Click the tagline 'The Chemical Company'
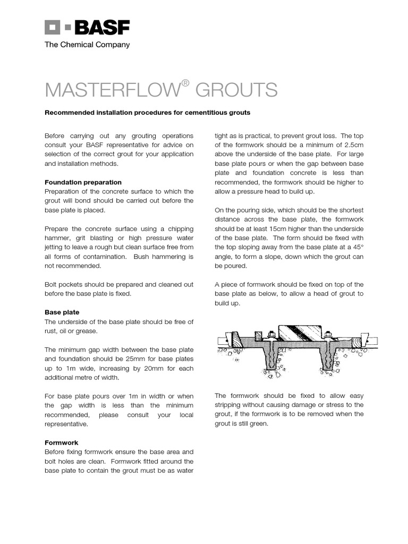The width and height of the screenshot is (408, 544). pos(87,45)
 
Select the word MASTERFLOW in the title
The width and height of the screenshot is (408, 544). pos(112,90)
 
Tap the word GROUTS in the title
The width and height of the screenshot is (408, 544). pos(236,90)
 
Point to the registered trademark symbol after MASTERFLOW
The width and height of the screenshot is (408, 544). pos(185,83)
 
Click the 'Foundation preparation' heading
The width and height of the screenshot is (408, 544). pos(83,182)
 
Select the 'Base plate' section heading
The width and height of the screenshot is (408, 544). pos(62,312)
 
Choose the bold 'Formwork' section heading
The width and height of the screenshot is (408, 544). pos(62,443)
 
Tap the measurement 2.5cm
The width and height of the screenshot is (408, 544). pos(353,146)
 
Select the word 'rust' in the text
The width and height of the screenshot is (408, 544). pos(52,331)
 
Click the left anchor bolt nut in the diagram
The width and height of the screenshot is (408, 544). pos(271,335)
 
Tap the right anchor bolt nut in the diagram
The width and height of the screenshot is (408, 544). pos(329,335)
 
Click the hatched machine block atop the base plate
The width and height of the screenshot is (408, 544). pos(300,332)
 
